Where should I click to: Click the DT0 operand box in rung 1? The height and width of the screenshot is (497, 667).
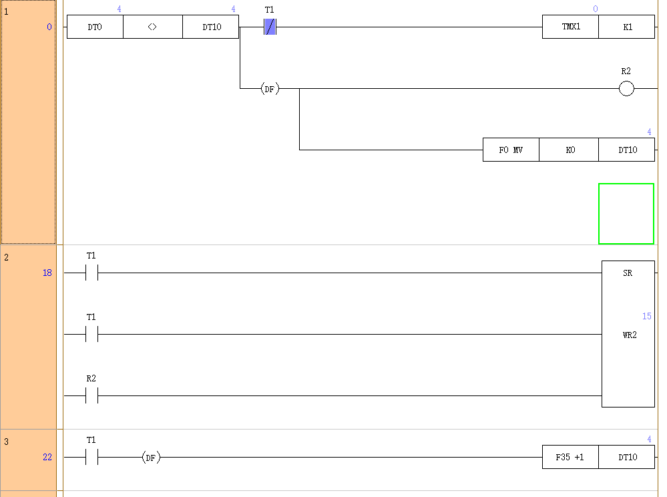point(95,27)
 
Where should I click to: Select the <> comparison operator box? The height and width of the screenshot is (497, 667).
point(152,27)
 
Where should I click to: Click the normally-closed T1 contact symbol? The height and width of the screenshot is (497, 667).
point(270,27)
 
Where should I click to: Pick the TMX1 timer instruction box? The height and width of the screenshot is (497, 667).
point(570,27)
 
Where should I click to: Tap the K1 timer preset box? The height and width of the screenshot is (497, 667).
point(627,27)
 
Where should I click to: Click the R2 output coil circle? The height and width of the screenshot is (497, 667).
point(626,88)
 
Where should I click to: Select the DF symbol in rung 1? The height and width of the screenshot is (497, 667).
point(270,88)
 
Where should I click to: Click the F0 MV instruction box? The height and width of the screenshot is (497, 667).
point(511,150)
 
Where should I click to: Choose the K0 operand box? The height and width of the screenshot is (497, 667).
point(570,150)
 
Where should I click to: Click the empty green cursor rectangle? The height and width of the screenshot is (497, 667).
point(626,214)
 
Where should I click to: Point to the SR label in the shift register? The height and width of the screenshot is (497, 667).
point(628,273)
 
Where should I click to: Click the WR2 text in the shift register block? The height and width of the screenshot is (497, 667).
point(629,335)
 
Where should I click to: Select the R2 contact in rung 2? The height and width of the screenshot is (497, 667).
point(91,396)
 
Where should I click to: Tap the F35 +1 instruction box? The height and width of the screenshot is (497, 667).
point(570,458)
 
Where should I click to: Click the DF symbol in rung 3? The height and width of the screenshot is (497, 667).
point(151,458)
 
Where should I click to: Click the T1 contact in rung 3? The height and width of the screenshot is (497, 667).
point(91,458)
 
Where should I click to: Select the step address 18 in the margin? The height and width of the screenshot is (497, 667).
point(47,273)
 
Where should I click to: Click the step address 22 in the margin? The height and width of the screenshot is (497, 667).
point(47,458)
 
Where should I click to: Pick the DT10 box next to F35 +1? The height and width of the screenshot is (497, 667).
point(627,458)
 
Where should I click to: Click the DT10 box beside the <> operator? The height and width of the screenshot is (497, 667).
point(210,27)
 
